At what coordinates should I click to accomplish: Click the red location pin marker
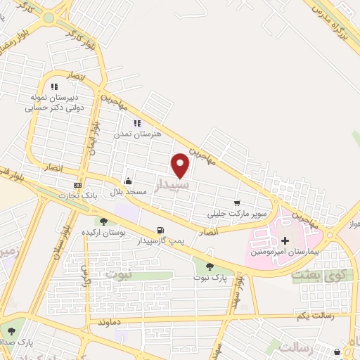181,165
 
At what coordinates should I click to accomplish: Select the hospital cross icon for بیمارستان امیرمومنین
285,240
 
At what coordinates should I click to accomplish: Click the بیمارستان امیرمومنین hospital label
285,251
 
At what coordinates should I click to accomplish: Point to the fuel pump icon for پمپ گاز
160,230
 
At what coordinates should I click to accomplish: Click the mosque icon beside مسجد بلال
128,180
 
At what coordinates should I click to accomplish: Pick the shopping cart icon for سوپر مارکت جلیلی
237,203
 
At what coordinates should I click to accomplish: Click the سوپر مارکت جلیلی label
229,213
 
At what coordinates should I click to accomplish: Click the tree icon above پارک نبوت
210,266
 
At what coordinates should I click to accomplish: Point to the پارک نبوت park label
210,278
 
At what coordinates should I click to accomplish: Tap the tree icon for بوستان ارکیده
104,221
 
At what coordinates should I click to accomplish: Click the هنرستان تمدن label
143,133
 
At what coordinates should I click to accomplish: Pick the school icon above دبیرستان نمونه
54,86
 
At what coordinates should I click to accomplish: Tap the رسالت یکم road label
293,315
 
